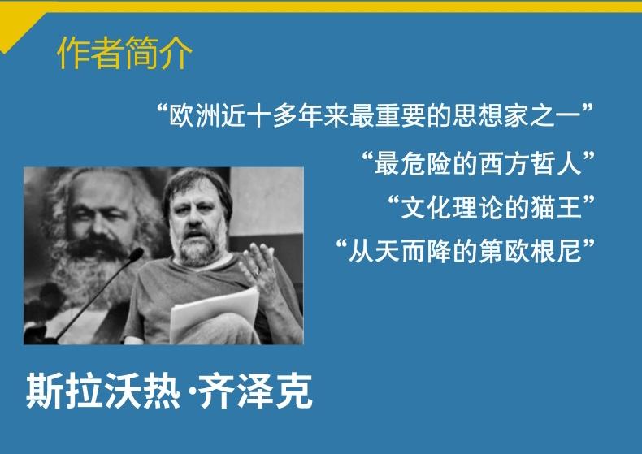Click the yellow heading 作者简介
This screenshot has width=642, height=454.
pyautogui.click(x=124, y=53)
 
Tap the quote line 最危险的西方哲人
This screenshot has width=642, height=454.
pyautogui.click(x=478, y=163)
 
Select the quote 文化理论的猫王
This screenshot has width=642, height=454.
pyautogui.click(x=491, y=207)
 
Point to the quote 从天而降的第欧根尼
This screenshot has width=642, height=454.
pyautogui.click(x=465, y=251)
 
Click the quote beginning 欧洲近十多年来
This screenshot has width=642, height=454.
pyautogui.click(x=375, y=116)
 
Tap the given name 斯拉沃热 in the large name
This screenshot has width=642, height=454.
pyautogui.click(x=103, y=391)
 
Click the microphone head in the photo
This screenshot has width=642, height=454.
pyautogui.click(x=136, y=254)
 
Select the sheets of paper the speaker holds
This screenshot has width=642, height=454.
pyautogui.click(x=216, y=313)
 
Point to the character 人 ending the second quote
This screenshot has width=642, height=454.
pyautogui.click(x=570, y=163)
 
